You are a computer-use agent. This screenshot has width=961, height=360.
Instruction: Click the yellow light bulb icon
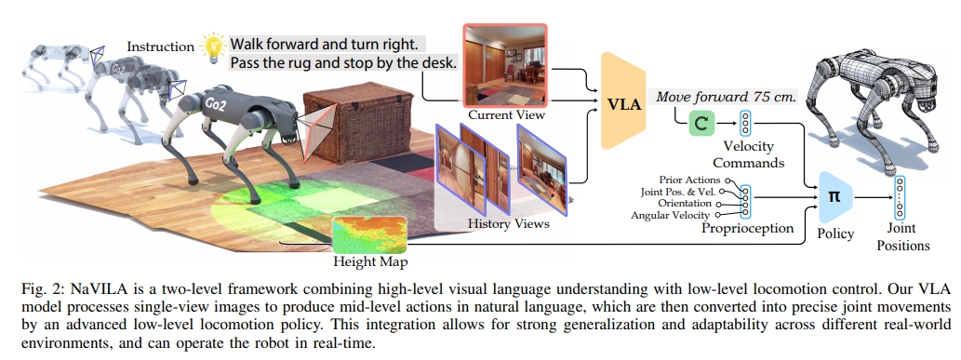(x=214, y=45)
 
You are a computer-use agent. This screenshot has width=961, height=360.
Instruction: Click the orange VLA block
(x=623, y=101)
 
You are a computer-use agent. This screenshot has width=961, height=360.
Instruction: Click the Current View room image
(x=506, y=66)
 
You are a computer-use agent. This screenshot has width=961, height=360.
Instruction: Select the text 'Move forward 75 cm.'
(x=727, y=96)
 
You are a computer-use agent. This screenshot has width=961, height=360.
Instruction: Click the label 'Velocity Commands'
(x=749, y=153)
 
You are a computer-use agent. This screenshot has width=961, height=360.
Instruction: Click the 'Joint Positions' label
(x=902, y=239)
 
